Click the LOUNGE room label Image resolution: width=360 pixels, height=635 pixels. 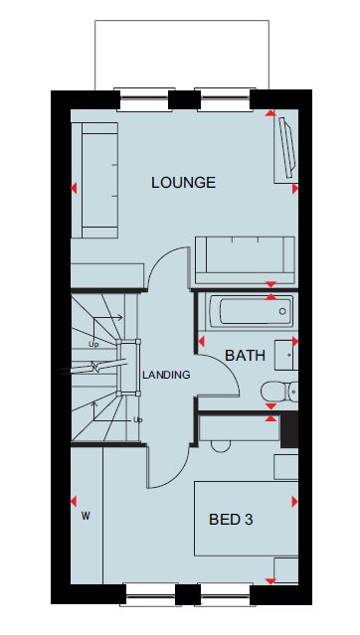point(183,183)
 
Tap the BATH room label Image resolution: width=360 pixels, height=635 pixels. point(246,356)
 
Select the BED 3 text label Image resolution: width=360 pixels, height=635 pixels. point(231,519)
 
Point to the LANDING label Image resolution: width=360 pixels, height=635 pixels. point(166,375)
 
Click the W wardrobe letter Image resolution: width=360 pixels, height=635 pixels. point(86,516)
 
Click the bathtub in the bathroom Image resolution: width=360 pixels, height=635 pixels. point(251,311)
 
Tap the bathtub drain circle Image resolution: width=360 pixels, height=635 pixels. point(282,311)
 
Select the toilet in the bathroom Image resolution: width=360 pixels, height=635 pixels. point(279,392)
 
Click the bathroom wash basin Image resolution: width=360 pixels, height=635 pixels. point(286,355)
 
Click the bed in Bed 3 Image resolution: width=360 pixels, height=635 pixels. point(246,519)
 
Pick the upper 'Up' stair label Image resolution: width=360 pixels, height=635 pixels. point(93,344)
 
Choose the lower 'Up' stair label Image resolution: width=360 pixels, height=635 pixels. point(138,420)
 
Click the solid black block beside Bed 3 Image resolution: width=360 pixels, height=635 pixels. point(289,430)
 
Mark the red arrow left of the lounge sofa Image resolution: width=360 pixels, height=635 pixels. point(74,188)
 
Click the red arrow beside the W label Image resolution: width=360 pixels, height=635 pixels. point(74,502)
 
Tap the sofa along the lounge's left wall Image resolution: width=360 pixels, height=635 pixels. point(95,180)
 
